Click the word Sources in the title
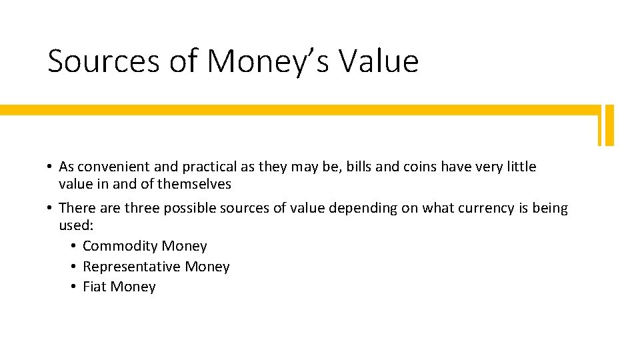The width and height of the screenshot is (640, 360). [103, 61]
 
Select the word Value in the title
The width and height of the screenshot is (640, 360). [379, 61]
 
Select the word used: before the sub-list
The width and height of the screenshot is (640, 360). [75, 225]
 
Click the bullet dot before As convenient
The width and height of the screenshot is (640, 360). [50, 167]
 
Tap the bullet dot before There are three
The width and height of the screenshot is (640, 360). [50, 208]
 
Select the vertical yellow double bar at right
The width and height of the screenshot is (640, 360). [605, 125]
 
